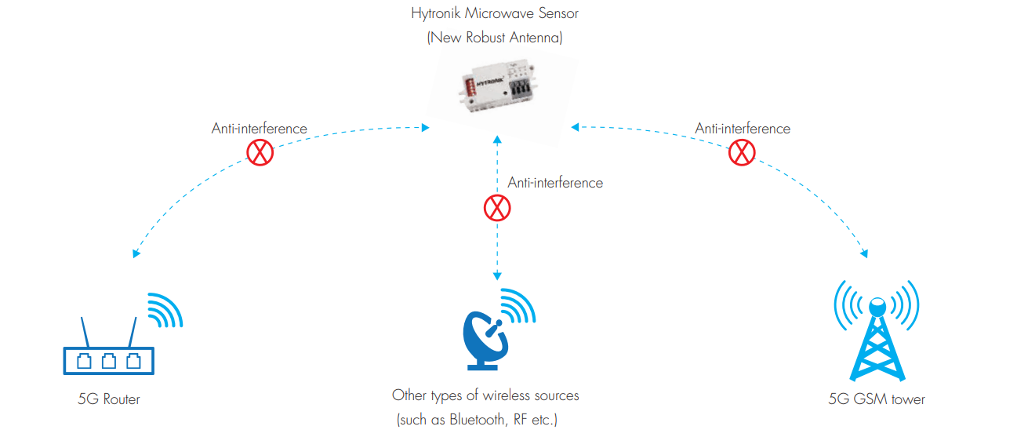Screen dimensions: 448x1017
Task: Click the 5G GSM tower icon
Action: pos(876,336)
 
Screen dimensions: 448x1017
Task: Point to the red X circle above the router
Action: pos(260,152)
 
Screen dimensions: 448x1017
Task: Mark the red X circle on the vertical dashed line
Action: pos(496,208)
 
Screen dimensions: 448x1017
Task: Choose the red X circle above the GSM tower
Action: pos(741,152)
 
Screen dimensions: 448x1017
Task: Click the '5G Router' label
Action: pos(109,399)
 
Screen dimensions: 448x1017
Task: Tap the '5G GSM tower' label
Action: pos(877,399)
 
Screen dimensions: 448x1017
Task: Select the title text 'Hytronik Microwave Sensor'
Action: pos(495,13)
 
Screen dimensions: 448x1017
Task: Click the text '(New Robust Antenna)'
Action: pos(495,37)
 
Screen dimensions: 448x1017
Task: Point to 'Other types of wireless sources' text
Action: pos(485,395)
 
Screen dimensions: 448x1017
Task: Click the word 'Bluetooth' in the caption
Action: pos(478,420)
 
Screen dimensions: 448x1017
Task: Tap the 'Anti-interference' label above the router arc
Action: pos(259,129)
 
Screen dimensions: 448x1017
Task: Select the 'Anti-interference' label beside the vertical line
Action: pos(555,183)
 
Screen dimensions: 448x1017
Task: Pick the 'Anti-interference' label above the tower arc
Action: pos(743,129)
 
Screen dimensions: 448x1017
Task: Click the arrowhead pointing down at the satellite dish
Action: pos(496,276)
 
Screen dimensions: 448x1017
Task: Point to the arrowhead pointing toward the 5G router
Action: pos(136,253)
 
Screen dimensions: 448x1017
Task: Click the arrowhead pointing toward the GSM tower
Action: pos(864,253)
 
